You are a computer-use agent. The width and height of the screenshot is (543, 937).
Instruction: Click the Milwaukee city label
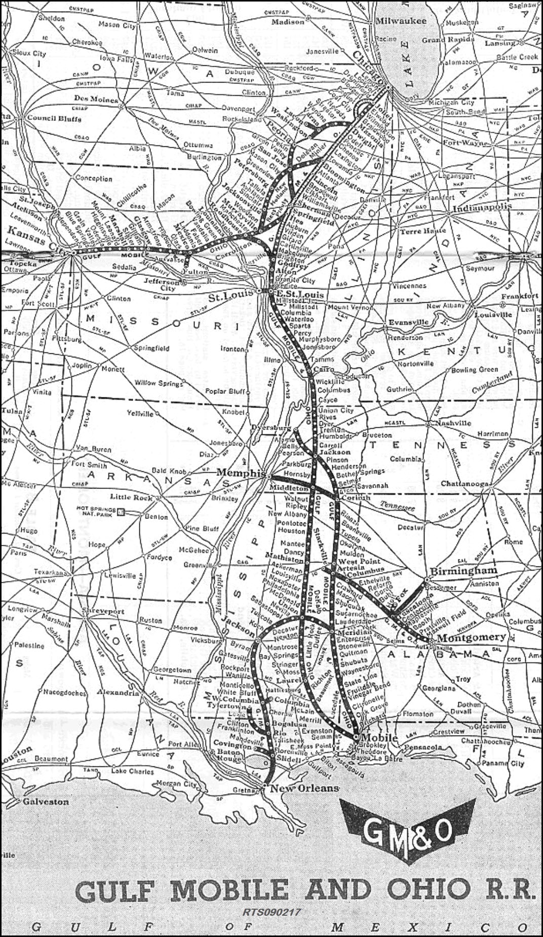(x=400, y=21)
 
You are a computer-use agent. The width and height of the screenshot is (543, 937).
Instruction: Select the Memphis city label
(x=241, y=473)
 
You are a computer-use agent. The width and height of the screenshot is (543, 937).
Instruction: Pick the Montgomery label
(x=472, y=637)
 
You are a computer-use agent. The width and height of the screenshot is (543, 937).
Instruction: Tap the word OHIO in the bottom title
(x=428, y=890)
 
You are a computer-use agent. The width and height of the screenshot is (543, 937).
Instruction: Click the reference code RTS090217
(x=271, y=912)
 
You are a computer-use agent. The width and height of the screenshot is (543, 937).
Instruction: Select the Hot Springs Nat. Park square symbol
(x=121, y=512)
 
